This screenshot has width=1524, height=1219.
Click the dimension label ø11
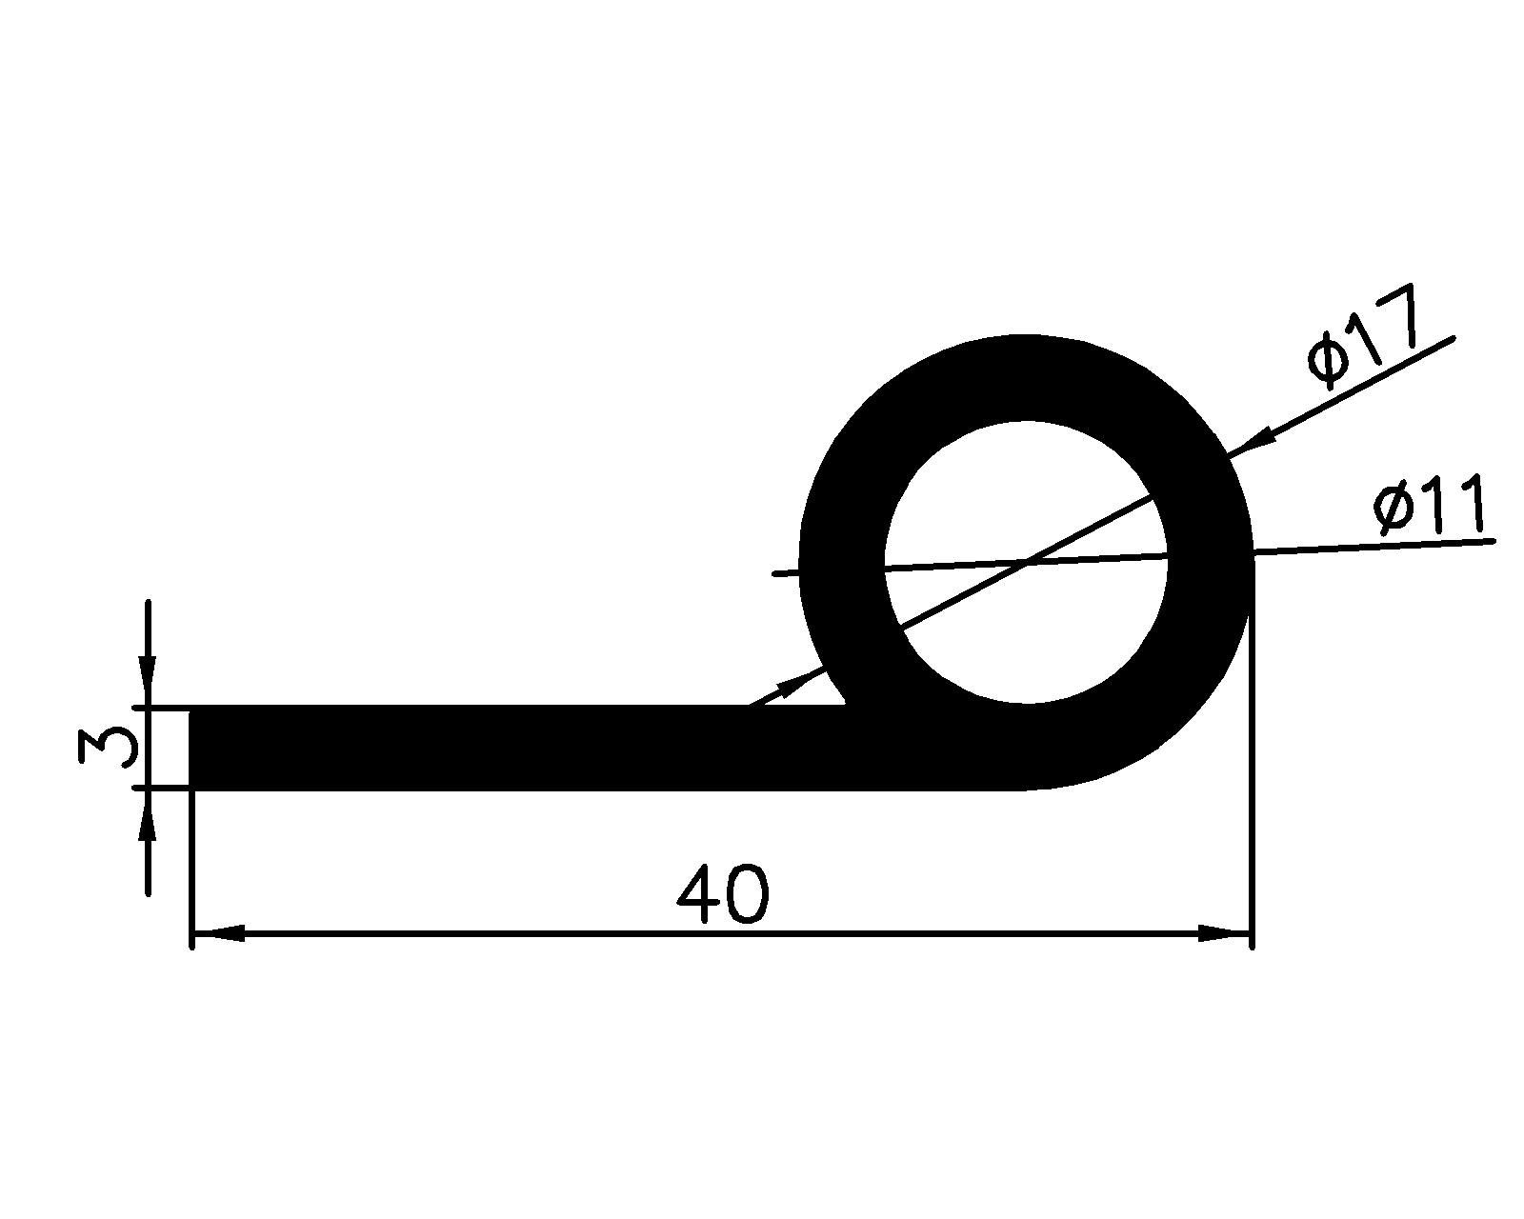[1429, 506]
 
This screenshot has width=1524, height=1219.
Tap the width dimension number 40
[721, 895]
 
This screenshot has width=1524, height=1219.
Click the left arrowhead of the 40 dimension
[219, 935]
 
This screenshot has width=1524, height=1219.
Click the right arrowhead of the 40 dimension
[1223, 935]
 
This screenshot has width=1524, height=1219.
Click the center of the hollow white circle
[1026, 563]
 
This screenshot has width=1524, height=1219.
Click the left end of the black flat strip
[196, 748]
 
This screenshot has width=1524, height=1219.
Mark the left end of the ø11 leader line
[775, 573]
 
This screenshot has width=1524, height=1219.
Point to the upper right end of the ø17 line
[1453, 338]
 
